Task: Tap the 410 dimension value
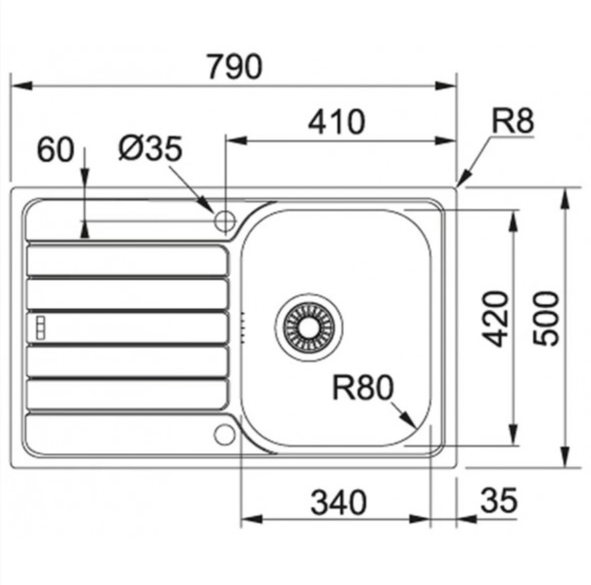[x=336, y=121]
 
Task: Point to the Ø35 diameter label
[x=150, y=148]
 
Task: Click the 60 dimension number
[x=56, y=150]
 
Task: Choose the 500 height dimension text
[x=546, y=319]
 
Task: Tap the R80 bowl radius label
[x=363, y=388]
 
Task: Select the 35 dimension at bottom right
[x=499, y=500]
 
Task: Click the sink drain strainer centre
[x=309, y=327]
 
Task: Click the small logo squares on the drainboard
[x=40, y=328]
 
